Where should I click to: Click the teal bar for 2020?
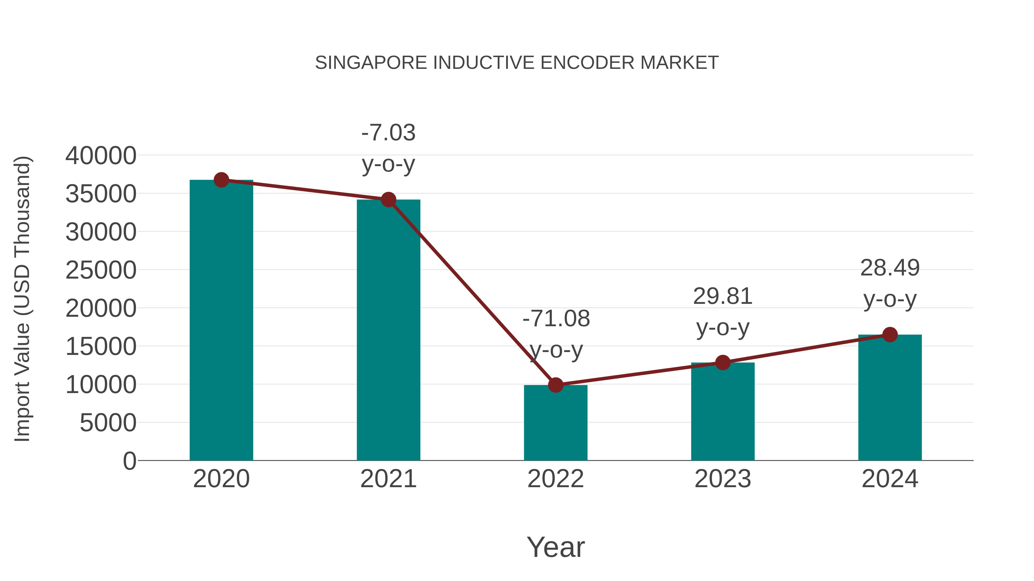[221, 321]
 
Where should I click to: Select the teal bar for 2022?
[555, 423]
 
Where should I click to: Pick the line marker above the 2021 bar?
[388, 199]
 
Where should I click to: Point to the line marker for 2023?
[723, 362]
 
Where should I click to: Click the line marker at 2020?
[221, 180]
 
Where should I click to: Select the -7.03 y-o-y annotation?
[388, 148]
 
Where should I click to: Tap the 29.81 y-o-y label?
[723, 312]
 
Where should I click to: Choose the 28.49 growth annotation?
[890, 283]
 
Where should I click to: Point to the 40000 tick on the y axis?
[101, 156]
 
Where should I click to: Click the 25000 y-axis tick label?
[101, 270]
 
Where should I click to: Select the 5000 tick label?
[108, 423]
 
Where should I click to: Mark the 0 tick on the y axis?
[130, 461]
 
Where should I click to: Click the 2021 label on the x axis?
[388, 479]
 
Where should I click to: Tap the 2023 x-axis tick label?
[723, 479]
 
